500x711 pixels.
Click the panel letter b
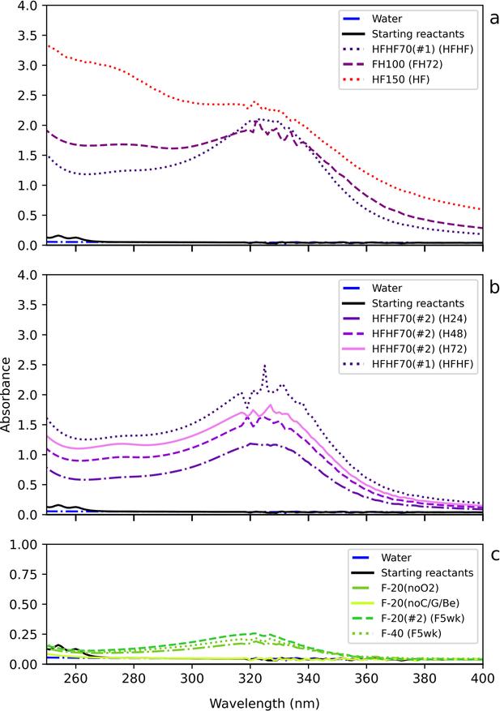(494, 285)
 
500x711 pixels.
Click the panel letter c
(494, 555)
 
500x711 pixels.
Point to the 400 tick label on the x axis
(483, 679)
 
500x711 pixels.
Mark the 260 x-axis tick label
(76, 679)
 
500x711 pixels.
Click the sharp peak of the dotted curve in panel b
(264, 366)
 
